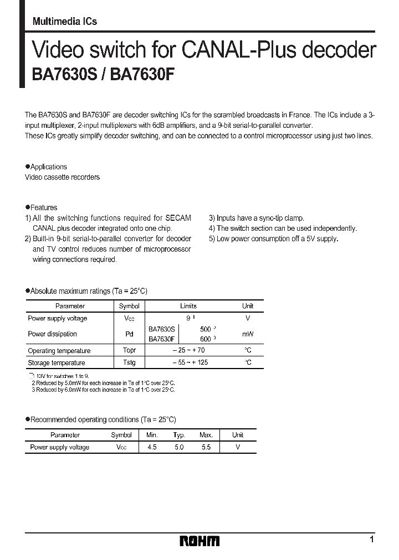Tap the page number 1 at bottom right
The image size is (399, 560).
(x=372, y=538)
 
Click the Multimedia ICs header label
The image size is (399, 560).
(x=65, y=21)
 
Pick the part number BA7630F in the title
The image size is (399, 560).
(x=142, y=76)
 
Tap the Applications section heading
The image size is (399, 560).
(x=48, y=167)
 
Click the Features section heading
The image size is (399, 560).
(x=43, y=208)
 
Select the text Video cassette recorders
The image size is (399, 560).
(x=63, y=177)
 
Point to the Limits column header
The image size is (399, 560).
(x=188, y=306)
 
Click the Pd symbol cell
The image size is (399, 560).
(x=129, y=334)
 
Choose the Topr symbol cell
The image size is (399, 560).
(x=129, y=350)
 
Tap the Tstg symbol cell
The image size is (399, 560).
(x=129, y=362)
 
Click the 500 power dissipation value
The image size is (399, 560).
(x=206, y=329)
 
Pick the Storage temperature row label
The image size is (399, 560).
(x=57, y=363)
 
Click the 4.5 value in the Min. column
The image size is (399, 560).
(x=152, y=447)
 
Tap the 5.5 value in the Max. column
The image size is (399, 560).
(x=206, y=447)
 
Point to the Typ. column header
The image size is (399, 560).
(x=178, y=435)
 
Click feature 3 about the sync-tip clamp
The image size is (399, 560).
(x=257, y=218)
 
